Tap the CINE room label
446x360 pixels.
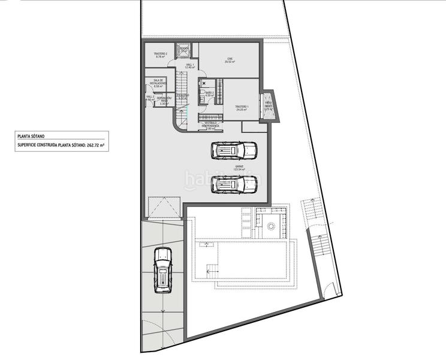228,60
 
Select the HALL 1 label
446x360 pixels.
189,66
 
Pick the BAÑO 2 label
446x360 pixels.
209,94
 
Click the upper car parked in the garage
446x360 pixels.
234,150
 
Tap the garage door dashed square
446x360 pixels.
165,209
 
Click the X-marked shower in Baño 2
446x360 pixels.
204,83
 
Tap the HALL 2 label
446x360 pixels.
150,98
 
